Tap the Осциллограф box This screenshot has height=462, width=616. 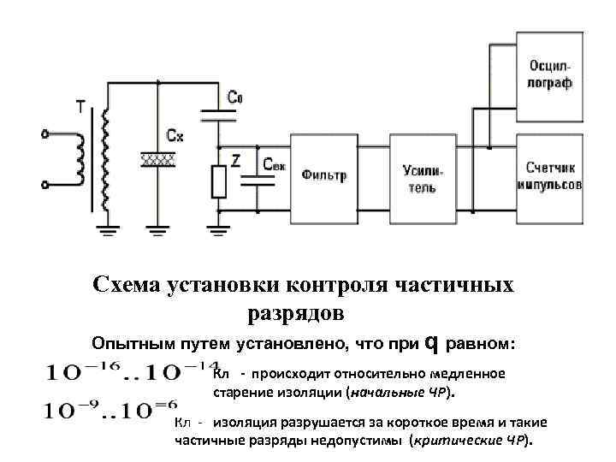coord(548,75)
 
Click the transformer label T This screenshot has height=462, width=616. coord(80,106)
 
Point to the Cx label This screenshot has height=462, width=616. coord(175,135)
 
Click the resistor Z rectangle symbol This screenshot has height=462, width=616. coord(219,182)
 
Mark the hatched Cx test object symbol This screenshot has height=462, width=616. coord(158,160)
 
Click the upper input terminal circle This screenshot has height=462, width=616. coord(44,133)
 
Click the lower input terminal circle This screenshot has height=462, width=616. coord(44,183)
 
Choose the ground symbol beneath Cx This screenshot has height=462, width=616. coord(157,229)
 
